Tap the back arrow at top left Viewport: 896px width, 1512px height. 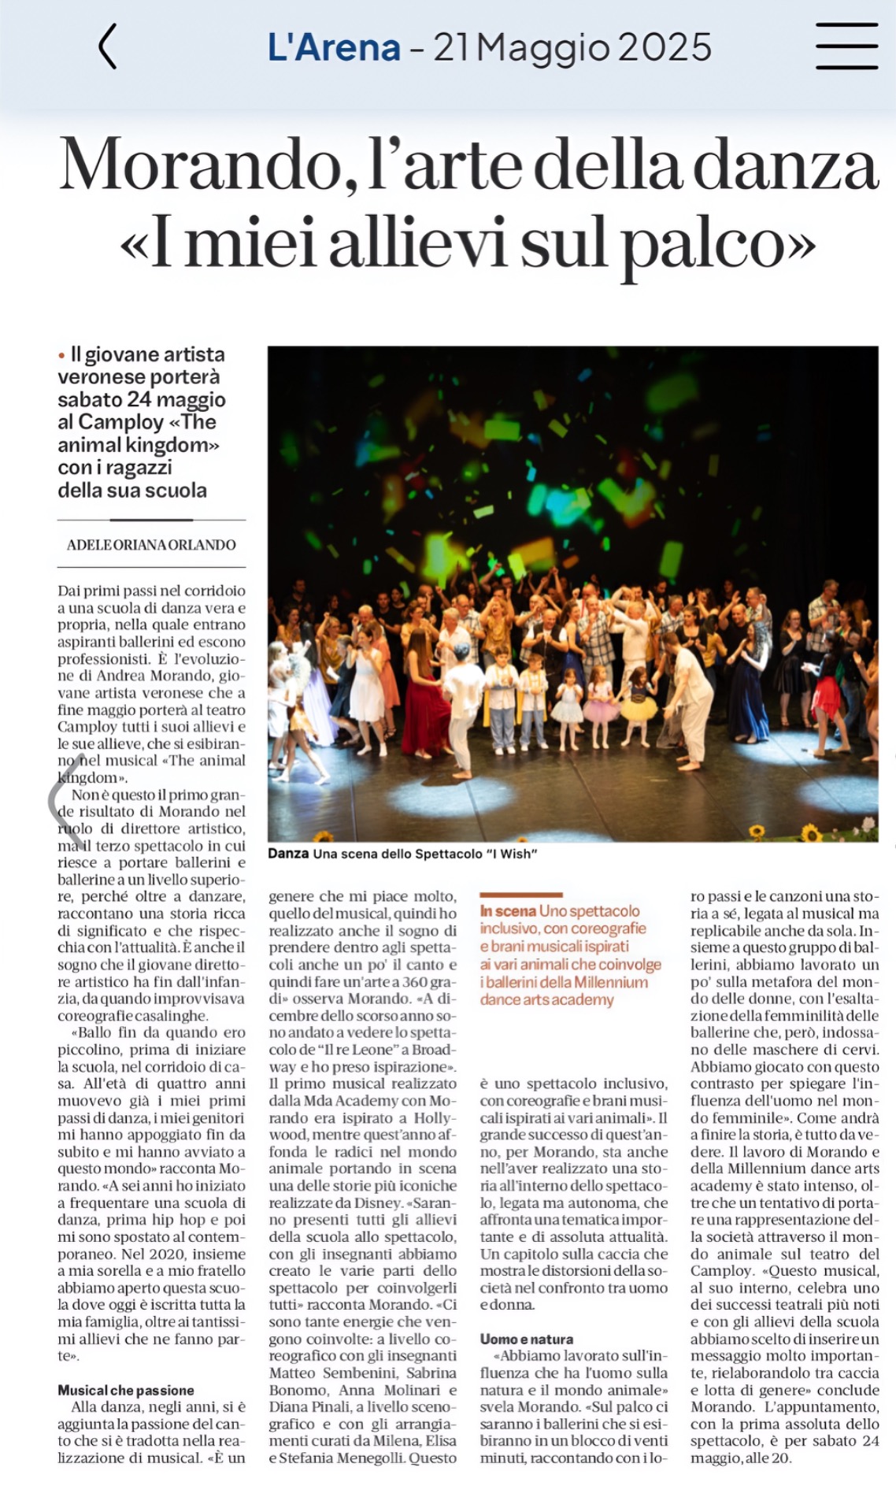(108, 46)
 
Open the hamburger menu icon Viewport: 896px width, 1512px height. (846, 46)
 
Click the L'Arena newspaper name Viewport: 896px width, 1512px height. (334, 47)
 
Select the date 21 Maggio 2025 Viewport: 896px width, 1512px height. (572, 47)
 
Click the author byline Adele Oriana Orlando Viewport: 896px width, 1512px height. (151, 544)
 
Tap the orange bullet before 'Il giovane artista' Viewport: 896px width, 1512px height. (61, 356)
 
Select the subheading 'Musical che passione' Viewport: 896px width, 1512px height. (126, 1390)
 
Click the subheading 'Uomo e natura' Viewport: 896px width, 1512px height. (527, 1339)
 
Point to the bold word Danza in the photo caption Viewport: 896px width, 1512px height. (288, 854)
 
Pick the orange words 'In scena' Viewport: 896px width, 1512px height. (508, 911)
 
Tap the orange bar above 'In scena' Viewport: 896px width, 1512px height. (521, 895)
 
